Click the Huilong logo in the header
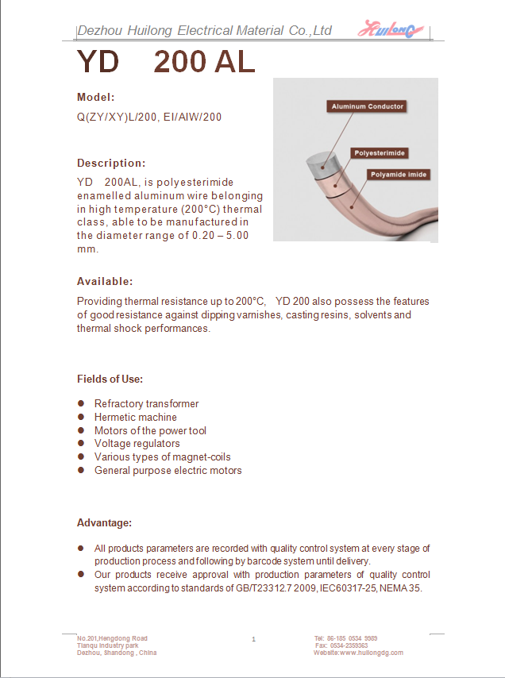pyautogui.click(x=391, y=30)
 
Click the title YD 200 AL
pyautogui.click(x=166, y=62)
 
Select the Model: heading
pyautogui.click(x=96, y=97)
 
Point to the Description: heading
pyautogui.click(x=111, y=163)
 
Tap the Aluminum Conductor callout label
pyautogui.click(x=367, y=106)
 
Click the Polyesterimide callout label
pyautogui.click(x=380, y=152)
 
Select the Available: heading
pyautogui.click(x=105, y=281)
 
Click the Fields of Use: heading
pyautogui.click(x=110, y=379)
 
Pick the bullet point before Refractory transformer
pyautogui.click(x=81, y=403)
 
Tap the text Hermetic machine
pyautogui.click(x=135, y=417)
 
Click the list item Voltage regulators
pyautogui.click(x=137, y=444)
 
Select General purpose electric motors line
pyautogui.click(x=168, y=470)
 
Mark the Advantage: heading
pyautogui.click(x=104, y=522)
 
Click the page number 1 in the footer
pyautogui.click(x=253, y=639)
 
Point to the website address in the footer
pyautogui.click(x=358, y=653)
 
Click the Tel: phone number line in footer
pyautogui.click(x=345, y=638)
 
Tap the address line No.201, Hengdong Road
pyautogui.click(x=112, y=638)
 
